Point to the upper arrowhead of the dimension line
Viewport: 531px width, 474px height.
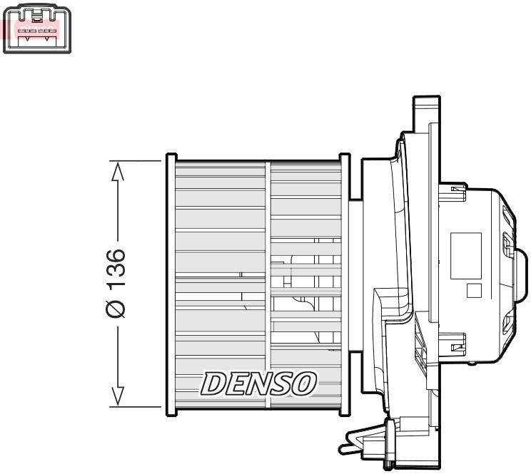tap(118, 171)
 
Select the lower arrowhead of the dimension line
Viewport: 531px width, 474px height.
tap(118, 396)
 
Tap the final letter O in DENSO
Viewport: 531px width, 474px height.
tap(305, 383)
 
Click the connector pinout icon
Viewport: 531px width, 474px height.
tap(37, 29)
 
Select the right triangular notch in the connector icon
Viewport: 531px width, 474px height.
tap(47, 38)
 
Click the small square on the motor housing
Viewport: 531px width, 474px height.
tap(472, 291)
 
